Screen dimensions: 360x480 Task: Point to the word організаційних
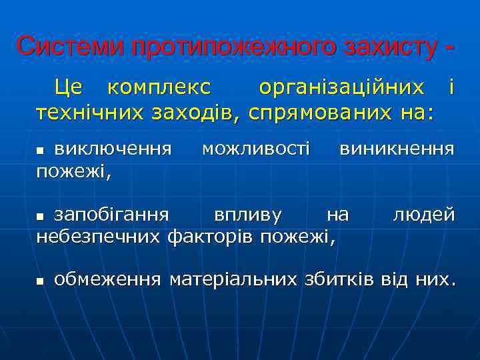341,87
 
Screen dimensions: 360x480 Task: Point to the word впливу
247,215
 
